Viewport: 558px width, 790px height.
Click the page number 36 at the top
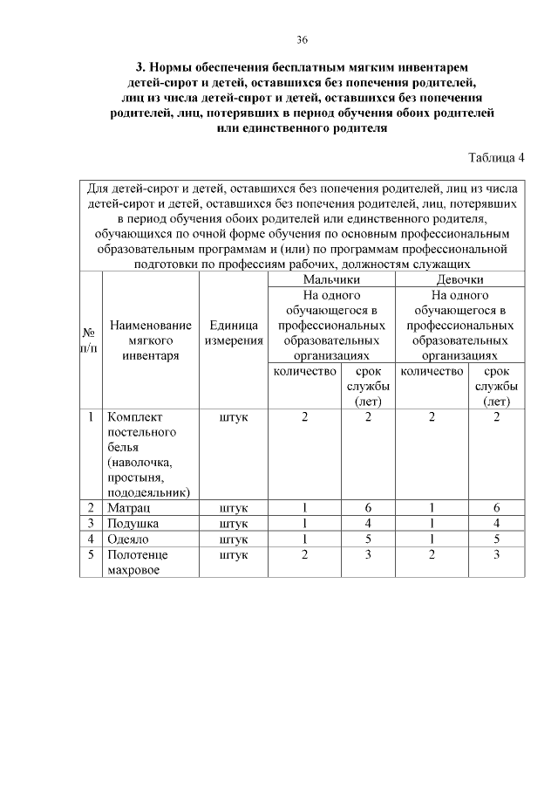pos(302,40)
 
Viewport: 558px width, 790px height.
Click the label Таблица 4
pos(496,158)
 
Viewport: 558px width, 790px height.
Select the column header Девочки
pos(459,279)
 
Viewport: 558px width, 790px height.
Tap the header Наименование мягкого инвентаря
pos(150,340)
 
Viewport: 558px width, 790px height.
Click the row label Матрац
pos(126,507)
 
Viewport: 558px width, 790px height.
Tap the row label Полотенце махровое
pos(137,562)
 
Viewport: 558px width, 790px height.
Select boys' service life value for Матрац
pos(368,507)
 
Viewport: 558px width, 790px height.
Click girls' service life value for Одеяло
pos(496,539)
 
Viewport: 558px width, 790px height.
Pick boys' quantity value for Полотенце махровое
pos(304,554)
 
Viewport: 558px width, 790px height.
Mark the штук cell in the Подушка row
pos(233,523)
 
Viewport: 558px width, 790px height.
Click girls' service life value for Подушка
pos(496,523)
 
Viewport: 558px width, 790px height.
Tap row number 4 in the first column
pos(90,539)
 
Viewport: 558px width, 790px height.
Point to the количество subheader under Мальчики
pos(304,372)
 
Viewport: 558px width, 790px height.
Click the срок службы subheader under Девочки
pos(496,386)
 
